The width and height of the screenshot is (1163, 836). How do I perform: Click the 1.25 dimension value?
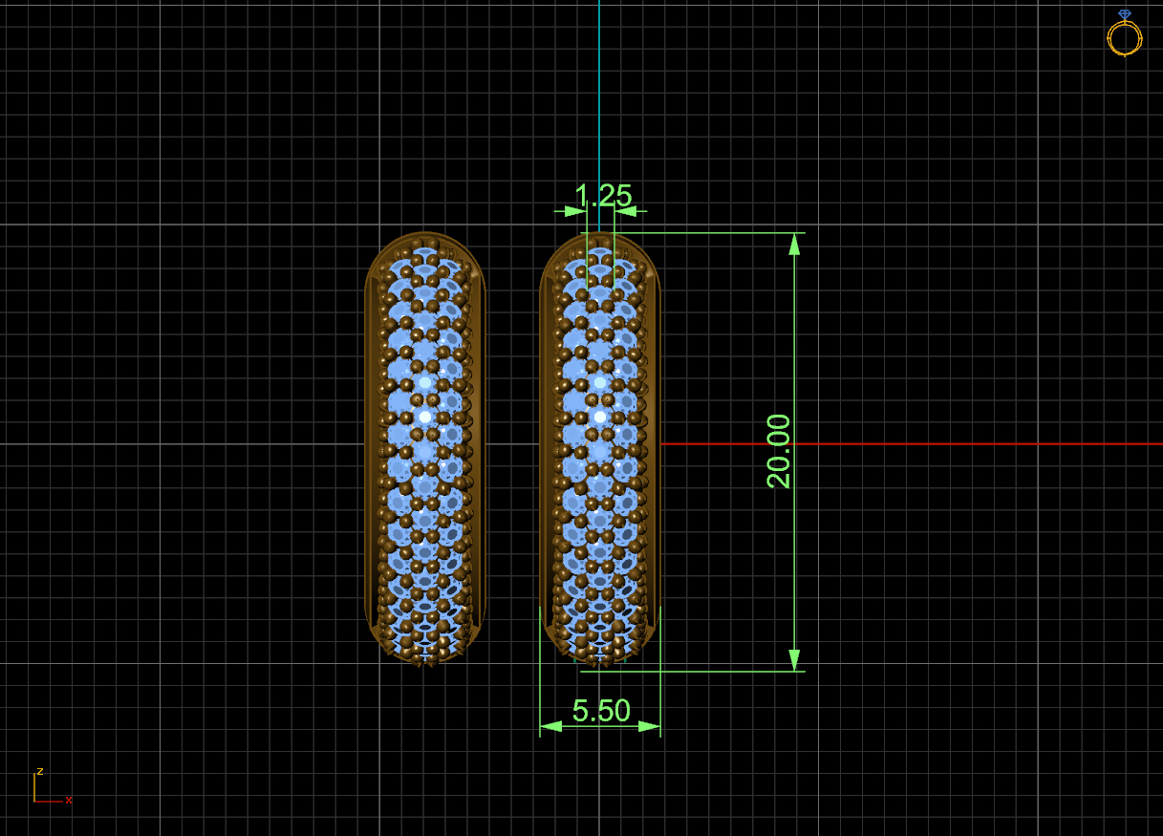pyautogui.click(x=603, y=196)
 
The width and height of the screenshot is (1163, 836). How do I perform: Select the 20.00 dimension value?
pyautogui.click(x=780, y=451)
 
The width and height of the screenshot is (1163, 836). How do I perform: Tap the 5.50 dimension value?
pyautogui.click(x=601, y=711)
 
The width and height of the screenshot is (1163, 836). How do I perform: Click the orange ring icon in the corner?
pyautogui.click(x=1125, y=38)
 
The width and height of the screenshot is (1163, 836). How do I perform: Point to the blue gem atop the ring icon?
pyautogui.click(x=1125, y=14)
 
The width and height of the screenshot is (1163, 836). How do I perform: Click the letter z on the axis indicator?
pyautogui.click(x=40, y=771)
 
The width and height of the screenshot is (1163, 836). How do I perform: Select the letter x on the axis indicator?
pyautogui.click(x=69, y=801)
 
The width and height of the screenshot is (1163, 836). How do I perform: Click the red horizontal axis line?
pyautogui.click(x=908, y=444)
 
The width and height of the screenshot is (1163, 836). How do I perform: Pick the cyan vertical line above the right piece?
pyautogui.click(x=599, y=96)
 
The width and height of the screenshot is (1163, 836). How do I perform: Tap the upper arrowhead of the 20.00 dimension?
pyautogui.click(x=794, y=245)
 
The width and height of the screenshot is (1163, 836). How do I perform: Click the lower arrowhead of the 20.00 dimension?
pyautogui.click(x=794, y=659)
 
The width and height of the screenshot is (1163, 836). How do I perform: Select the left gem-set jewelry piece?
pyautogui.click(x=425, y=447)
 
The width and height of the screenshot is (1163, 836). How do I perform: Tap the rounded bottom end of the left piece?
pyautogui.click(x=425, y=650)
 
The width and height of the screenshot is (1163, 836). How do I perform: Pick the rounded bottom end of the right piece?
pyautogui.click(x=599, y=650)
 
